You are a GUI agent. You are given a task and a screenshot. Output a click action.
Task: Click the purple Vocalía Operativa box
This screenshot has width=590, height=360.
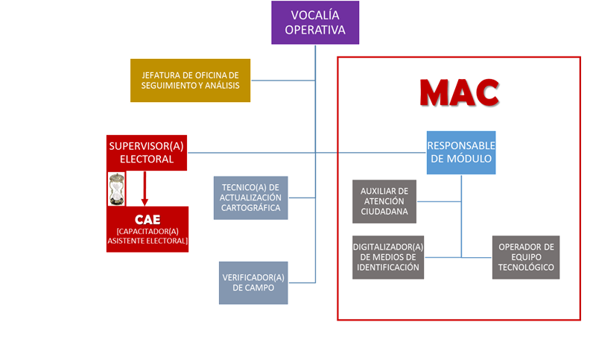pos(314,22)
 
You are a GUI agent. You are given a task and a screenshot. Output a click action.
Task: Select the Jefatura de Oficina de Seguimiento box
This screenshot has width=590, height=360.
pos(190,80)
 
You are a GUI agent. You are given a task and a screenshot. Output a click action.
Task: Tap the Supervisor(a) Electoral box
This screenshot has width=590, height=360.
pos(146,153)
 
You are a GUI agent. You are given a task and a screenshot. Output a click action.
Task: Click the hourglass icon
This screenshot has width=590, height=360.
pos(116,189)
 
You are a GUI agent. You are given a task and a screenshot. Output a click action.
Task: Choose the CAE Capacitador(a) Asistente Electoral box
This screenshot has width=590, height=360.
pos(147,230)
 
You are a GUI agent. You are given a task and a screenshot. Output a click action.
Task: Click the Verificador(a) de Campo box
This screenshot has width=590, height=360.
pos(253,282)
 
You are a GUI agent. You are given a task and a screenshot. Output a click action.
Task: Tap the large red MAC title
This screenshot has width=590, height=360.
pos(458,93)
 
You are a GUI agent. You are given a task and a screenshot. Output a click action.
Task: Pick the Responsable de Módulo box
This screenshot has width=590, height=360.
pos(460,152)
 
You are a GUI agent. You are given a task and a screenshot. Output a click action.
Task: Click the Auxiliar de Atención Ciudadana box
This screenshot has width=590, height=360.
pos(384,201)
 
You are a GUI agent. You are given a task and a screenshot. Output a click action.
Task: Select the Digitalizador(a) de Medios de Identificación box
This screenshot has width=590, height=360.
pos(387,257)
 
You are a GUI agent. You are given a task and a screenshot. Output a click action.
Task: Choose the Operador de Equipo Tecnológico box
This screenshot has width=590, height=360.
pos(525,257)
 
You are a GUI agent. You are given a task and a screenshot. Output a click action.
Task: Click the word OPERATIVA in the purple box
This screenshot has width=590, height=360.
pos(314,31)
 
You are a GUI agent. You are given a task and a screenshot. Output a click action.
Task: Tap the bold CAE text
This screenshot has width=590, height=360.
pos(147,220)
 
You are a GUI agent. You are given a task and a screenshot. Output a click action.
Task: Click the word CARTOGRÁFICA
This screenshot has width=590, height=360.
pos(250,208)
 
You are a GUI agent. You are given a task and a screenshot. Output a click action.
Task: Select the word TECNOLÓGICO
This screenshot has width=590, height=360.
pos(526,267)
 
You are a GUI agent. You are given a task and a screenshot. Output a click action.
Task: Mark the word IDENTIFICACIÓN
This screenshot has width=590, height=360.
pos(387,267)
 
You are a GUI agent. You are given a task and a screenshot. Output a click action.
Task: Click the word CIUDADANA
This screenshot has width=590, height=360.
pos(384,211)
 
